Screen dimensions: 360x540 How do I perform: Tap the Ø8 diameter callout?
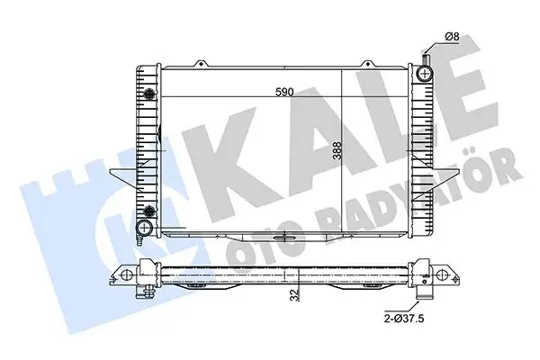click(x=454, y=36)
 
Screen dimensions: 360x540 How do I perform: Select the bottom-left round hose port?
click(x=144, y=226)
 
